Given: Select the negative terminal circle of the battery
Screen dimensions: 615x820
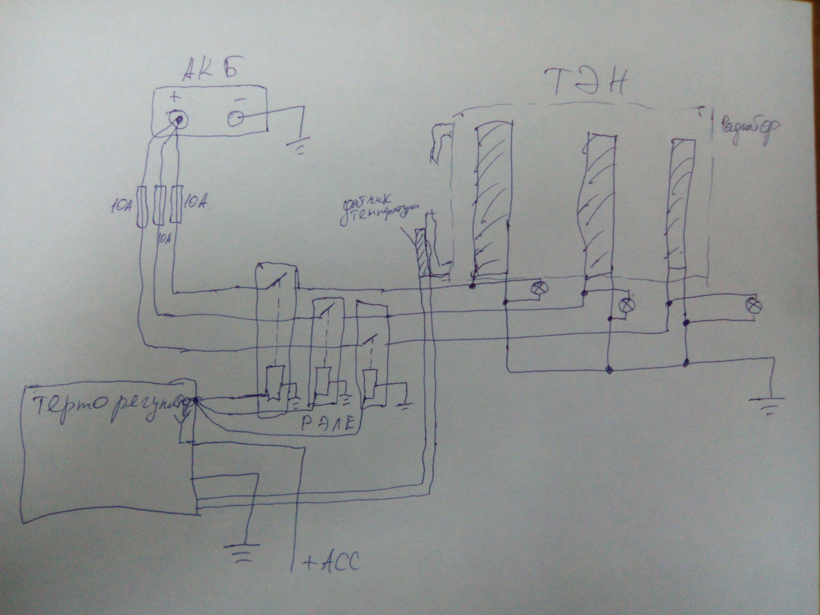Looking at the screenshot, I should click(x=235, y=118).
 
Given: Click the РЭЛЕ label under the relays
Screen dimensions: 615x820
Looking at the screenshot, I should click(x=328, y=424).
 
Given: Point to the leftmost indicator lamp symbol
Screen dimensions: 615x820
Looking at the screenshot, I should click(x=540, y=289).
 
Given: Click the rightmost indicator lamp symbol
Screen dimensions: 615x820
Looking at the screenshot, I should click(x=753, y=305).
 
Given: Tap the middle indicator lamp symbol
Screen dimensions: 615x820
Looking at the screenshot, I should click(x=626, y=306).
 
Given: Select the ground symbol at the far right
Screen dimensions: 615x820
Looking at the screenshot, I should click(x=767, y=404).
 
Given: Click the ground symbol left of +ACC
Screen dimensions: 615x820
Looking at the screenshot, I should click(x=243, y=550).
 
